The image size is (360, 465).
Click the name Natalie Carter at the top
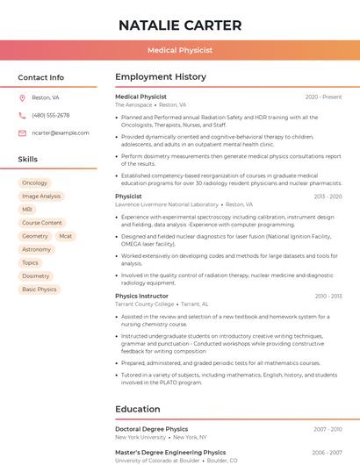(180, 25)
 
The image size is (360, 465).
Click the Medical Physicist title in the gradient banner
(180, 50)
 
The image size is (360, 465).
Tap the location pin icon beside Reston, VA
(22, 97)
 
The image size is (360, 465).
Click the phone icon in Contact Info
(22, 115)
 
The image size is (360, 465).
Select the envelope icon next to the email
(22, 133)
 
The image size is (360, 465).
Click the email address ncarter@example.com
(61, 133)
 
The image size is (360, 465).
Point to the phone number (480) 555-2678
(51, 115)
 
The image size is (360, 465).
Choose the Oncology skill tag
(35, 183)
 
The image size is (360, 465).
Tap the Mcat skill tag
(66, 236)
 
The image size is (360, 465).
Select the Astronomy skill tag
(37, 249)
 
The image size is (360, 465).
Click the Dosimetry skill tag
(36, 275)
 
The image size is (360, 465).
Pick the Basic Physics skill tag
(40, 290)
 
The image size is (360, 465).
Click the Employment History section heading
(160, 77)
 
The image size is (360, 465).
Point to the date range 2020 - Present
(323, 97)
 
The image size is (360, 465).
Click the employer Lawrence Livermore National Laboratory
(167, 204)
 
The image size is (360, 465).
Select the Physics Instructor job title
(141, 296)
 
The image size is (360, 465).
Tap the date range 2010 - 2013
(328, 297)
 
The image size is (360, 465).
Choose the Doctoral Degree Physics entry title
(151, 429)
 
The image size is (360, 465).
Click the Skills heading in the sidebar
(28, 160)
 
